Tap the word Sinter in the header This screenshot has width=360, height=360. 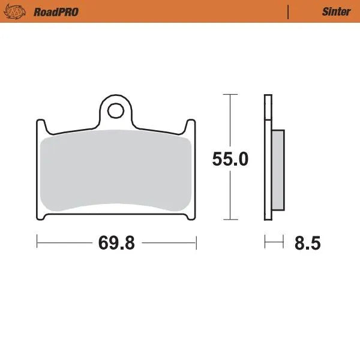tap(336, 12)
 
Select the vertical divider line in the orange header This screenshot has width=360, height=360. tap(289, 12)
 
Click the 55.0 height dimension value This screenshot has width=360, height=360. tap(230, 159)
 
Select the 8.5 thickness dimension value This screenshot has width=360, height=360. tap(308, 243)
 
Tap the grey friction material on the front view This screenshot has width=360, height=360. tap(116, 171)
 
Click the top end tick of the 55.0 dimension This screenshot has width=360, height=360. tap(227, 94)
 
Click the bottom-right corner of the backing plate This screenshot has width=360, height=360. tap(191, 217)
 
